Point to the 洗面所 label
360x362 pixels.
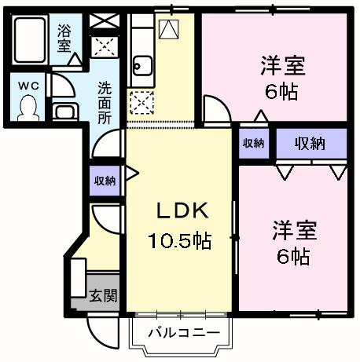[105, 101]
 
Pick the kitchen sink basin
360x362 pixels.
[143, 64]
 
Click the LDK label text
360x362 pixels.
[178, 210]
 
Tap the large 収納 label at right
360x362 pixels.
[310, 143]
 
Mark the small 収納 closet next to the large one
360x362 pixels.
[253, 143]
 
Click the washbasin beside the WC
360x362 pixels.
[64, 109]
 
